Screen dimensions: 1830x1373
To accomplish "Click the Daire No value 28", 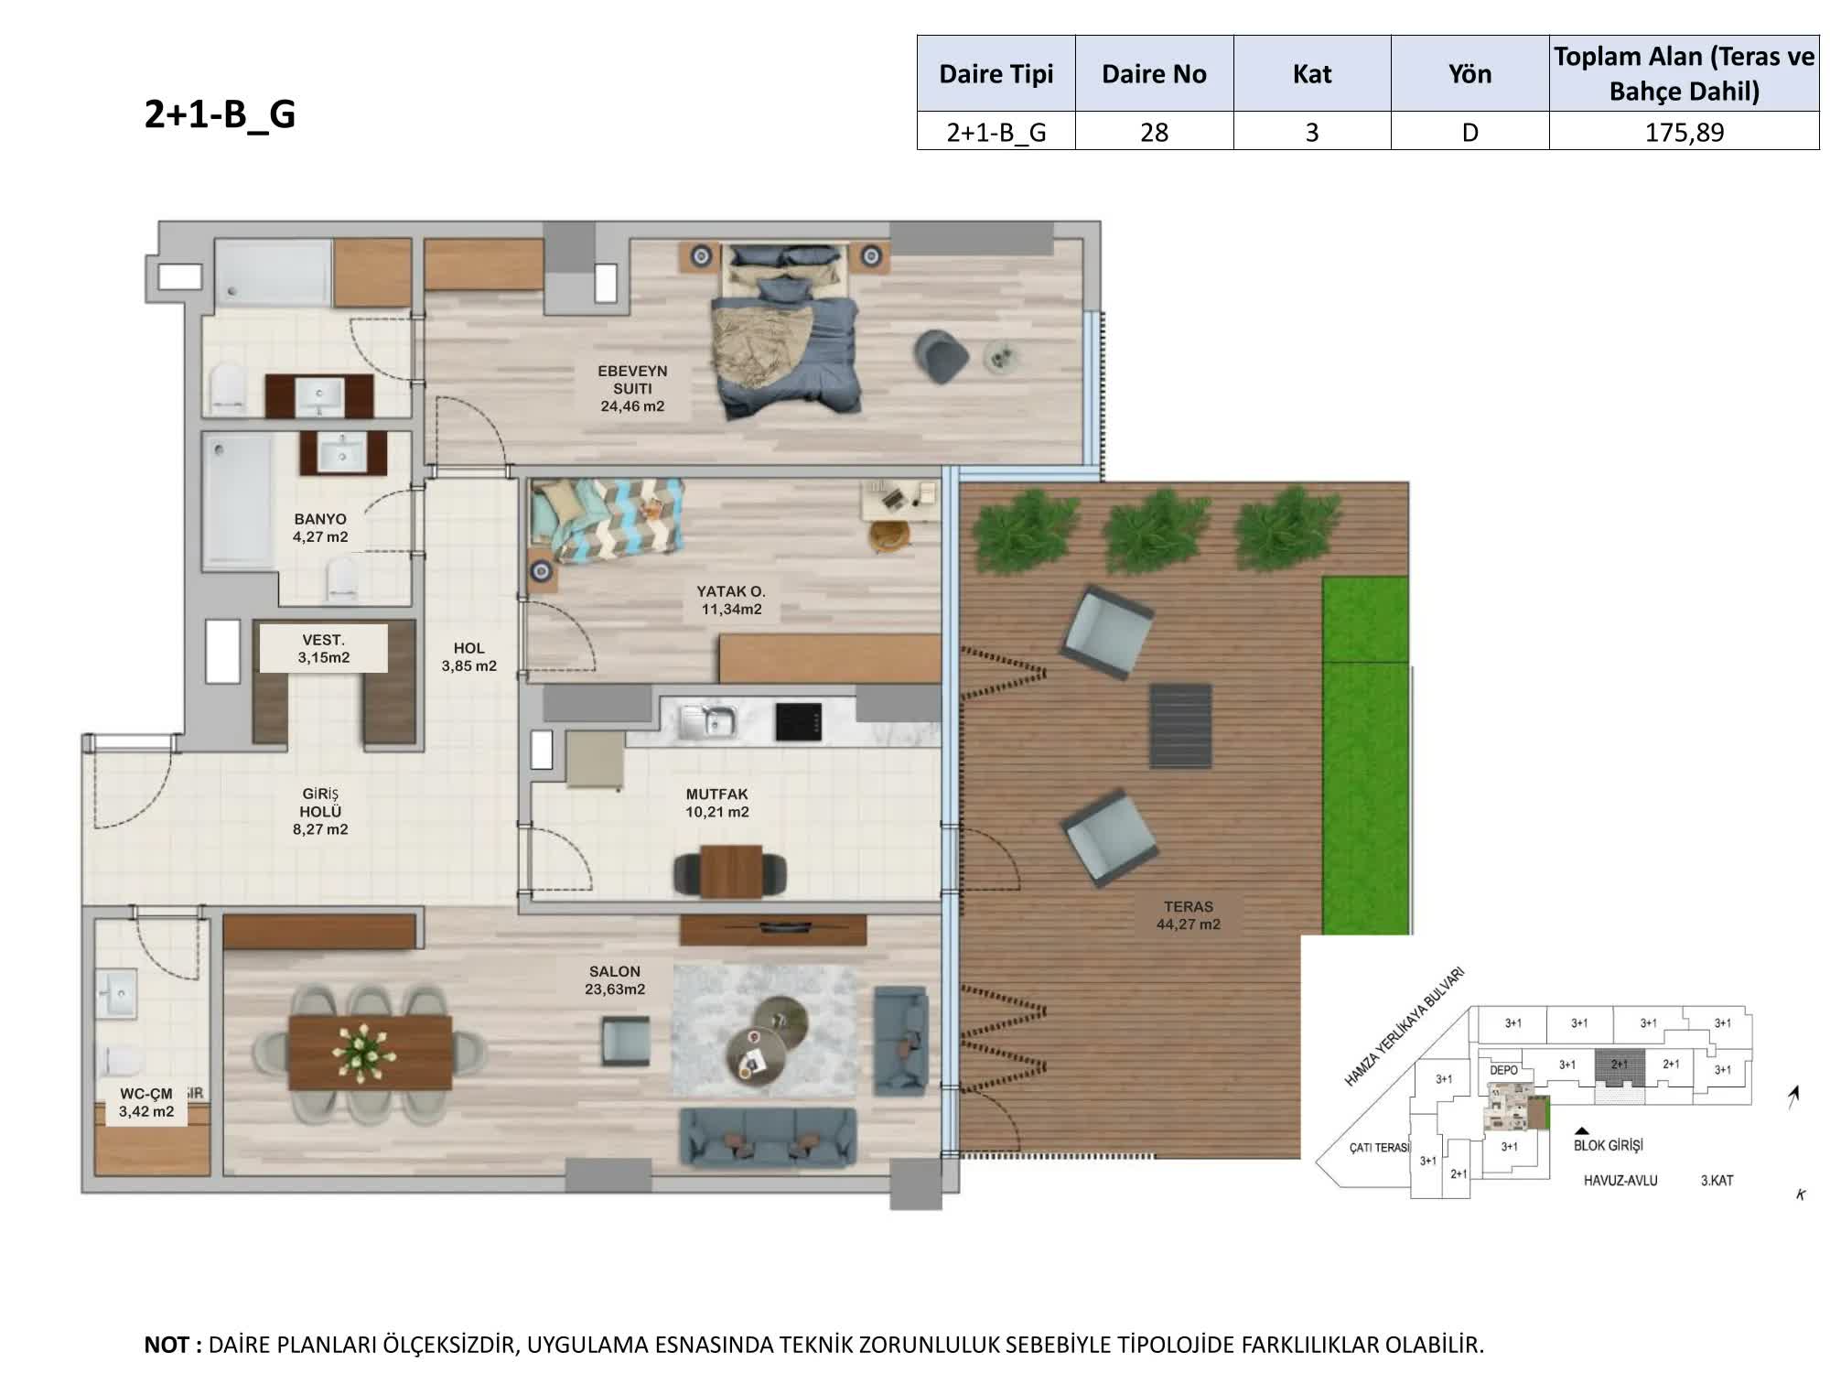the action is point(1154,133).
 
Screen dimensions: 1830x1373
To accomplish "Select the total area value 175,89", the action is point(1684,133).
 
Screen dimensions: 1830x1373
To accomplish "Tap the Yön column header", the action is point(1469,74).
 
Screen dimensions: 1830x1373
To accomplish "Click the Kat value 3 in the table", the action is point(1312,133).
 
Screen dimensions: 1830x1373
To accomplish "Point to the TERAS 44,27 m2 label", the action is point(1188,915).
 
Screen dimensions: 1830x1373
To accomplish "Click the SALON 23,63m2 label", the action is point(615,979).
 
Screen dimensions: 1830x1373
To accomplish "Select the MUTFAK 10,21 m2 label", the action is point(717,803).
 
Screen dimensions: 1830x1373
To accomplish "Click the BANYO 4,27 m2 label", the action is point(320,528).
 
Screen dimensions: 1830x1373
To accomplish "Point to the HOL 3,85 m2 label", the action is point(468,656).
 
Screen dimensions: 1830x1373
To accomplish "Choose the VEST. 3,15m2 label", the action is point(323,648).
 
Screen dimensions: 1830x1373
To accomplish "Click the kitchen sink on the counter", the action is point(708,721).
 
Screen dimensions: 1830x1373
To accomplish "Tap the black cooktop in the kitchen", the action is point(798,721).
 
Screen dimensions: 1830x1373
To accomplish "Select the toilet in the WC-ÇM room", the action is point(122,1060).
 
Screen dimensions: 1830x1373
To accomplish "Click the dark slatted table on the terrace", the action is point(1180,726).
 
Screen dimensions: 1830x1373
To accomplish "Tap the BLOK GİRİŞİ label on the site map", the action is point(1609,1145).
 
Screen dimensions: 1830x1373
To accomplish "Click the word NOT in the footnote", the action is point(167,1345).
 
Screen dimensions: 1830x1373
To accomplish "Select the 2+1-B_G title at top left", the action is point(220,115).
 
